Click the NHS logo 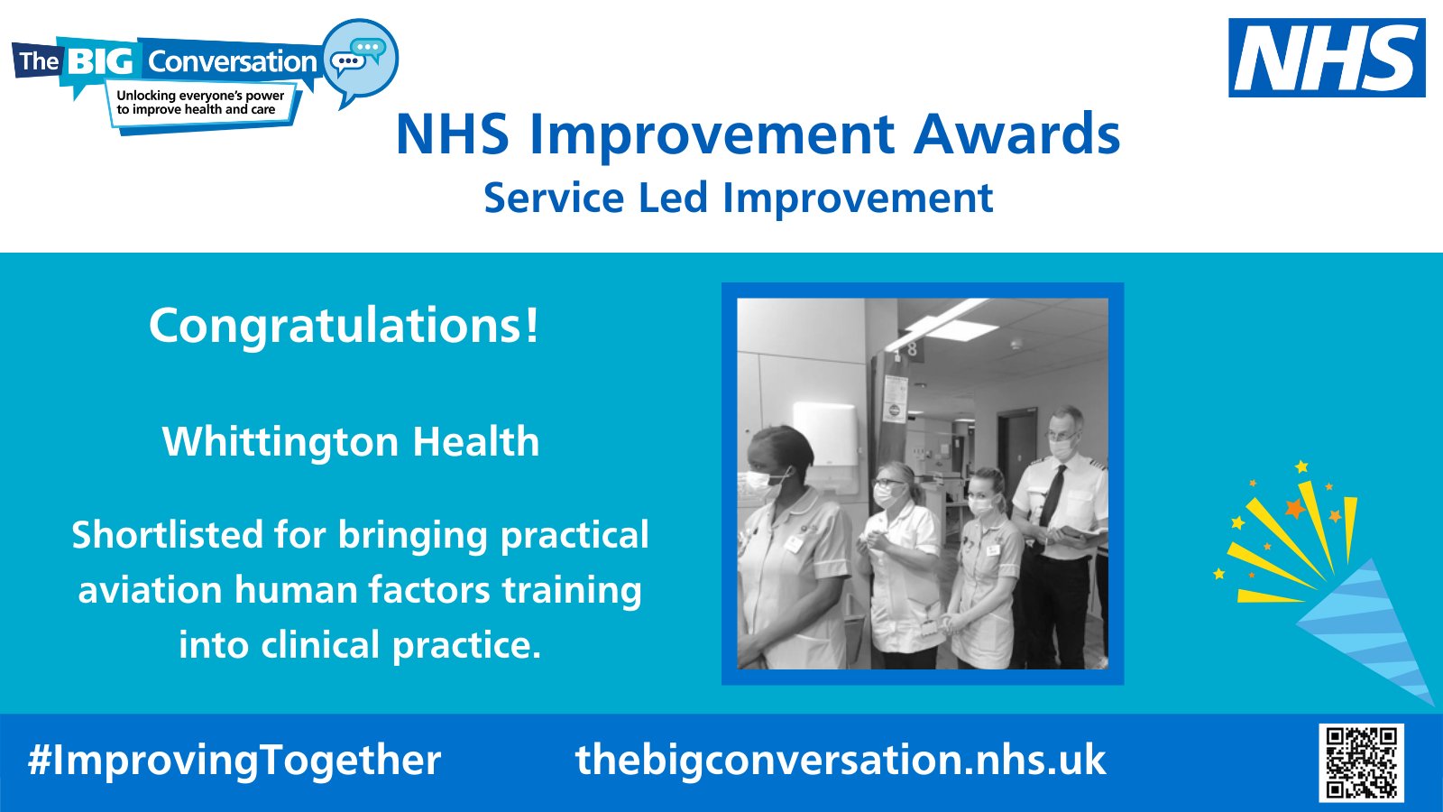(1326, 58)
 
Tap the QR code (1361, 762)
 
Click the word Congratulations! (344, 326)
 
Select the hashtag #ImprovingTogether (234, 760)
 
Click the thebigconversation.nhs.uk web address (840, 760)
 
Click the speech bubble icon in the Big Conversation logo (359, 60)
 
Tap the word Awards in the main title (1016, 134)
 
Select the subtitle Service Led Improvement (738, 198)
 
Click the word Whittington (280, 442)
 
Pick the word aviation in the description (150, 590)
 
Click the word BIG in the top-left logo (100, 61)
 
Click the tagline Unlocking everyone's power (200, 96)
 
